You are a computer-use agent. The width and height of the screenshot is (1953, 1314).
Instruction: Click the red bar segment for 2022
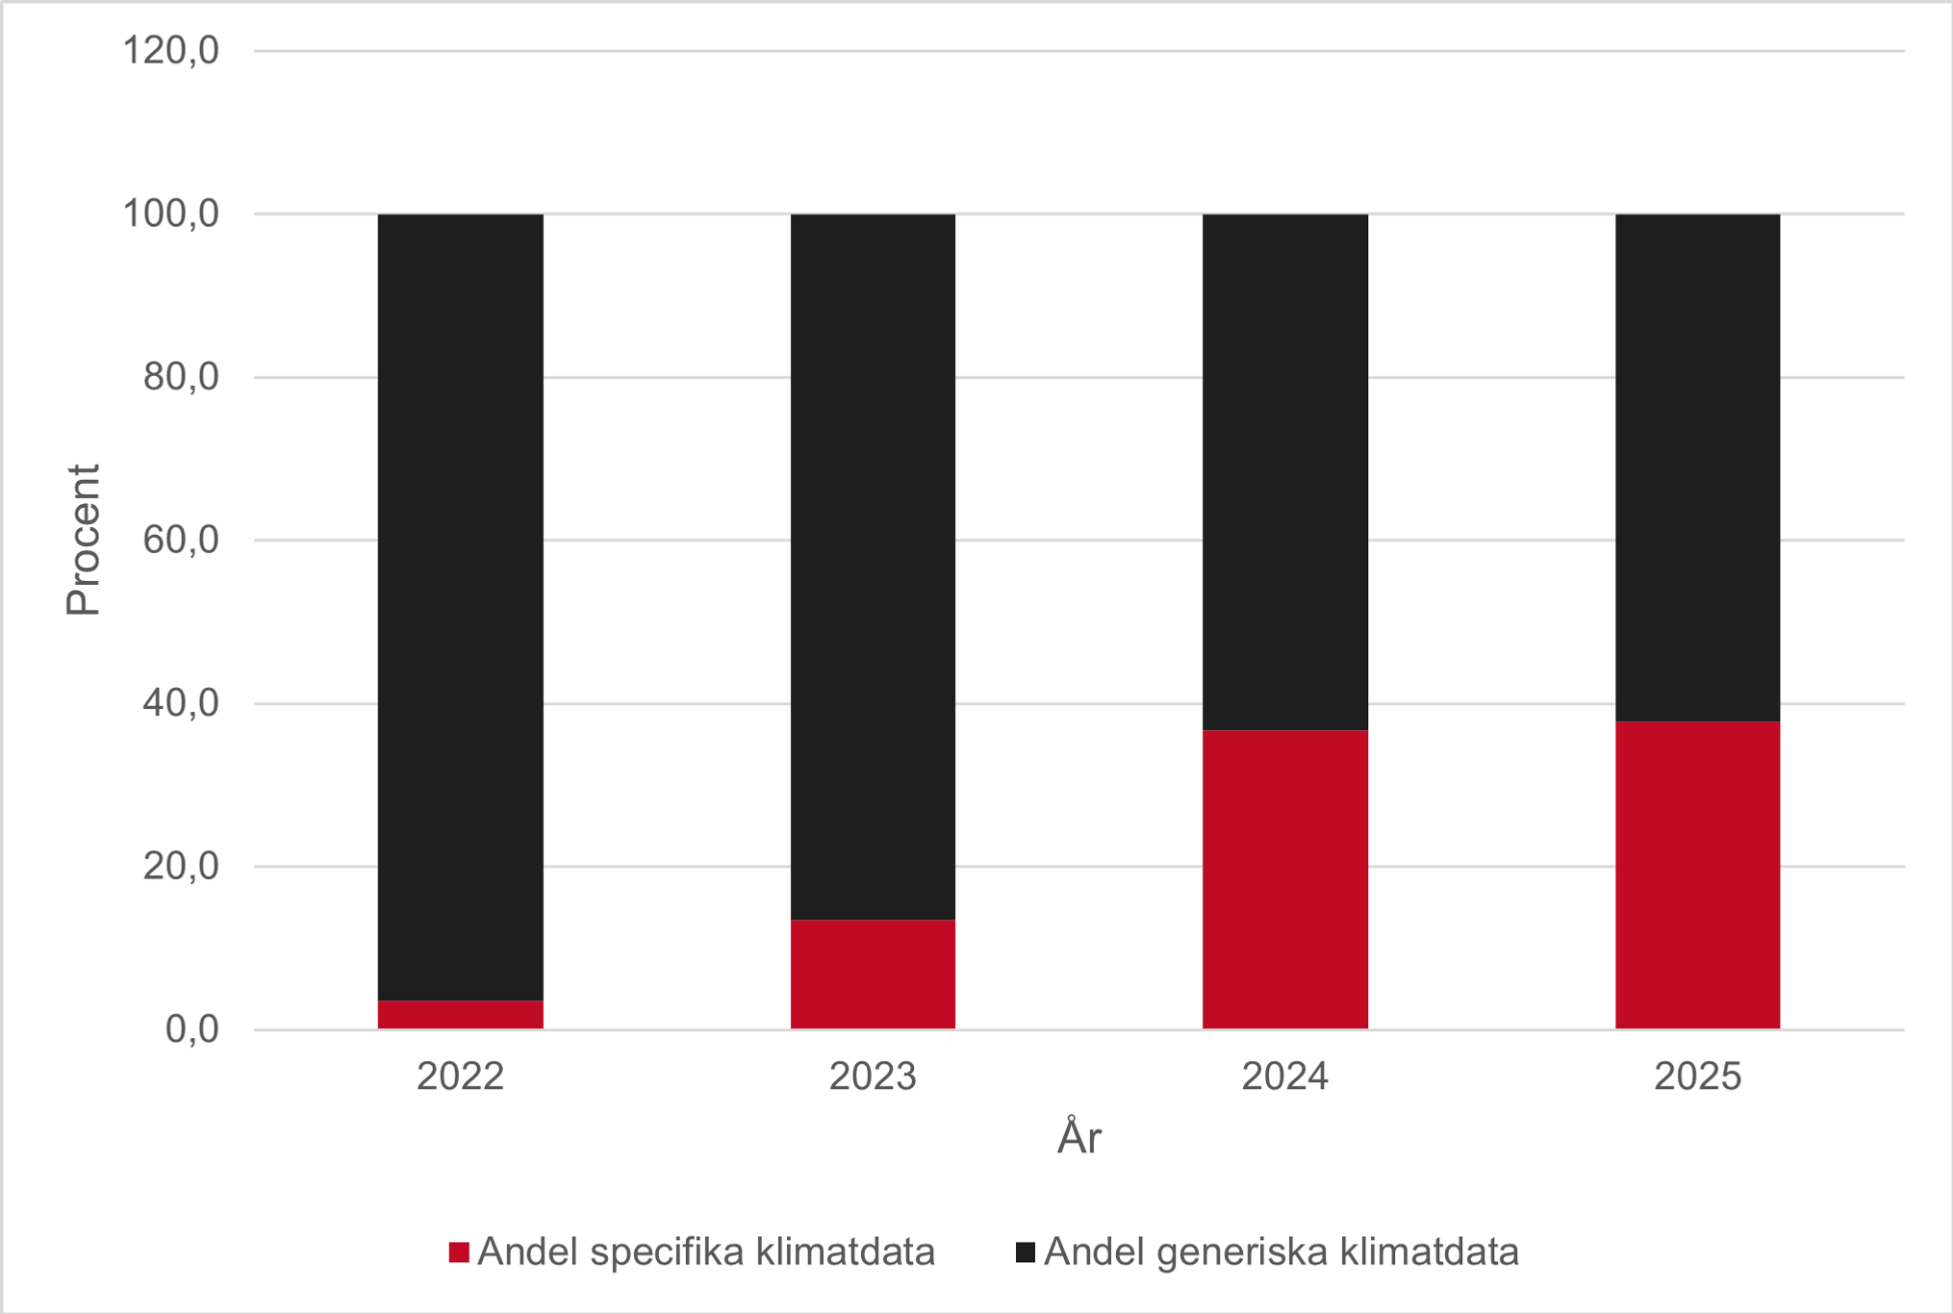coord(460,1015)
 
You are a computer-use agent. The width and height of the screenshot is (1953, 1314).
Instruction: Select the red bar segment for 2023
coord(873,973)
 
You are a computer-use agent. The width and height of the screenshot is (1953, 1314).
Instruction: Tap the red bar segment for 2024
coord(1284,879)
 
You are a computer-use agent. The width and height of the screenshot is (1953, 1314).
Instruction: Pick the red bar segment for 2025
coord(1697,874)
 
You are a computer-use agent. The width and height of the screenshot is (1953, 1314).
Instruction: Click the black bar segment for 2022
coord(460,606)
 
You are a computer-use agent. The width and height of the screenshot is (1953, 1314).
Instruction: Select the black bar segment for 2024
coord(1284,471)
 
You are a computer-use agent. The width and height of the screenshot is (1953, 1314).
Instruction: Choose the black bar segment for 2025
coord(1697,467)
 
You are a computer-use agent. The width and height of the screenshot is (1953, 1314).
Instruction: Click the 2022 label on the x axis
coord(460,1076)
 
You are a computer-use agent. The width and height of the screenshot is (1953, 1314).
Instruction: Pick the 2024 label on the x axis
coord(1284,1076)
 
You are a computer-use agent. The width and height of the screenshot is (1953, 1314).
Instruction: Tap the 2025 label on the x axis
coord(1697,1076)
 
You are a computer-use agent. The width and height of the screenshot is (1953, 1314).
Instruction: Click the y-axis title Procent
coord(83,540)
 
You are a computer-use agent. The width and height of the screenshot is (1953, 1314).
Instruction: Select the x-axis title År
coord(1078,1138)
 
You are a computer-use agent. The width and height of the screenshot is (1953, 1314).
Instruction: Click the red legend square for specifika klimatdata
coord(459,1252)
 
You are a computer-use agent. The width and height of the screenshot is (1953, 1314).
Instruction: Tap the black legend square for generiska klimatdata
coord(1026,1252)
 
